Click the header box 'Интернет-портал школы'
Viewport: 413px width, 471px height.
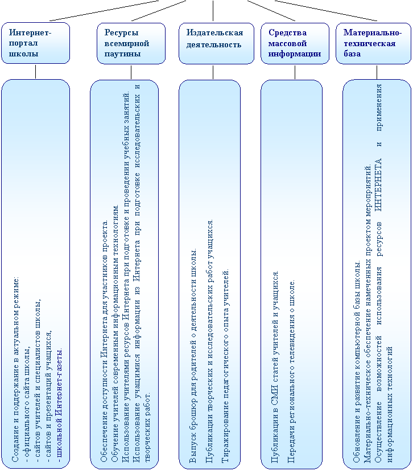point(36,43)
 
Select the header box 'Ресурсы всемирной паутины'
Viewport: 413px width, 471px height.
point(131,43)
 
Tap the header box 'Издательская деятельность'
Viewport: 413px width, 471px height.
point(216,43)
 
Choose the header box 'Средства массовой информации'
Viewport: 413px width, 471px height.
point(295,43)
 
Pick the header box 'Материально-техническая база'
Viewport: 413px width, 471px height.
point(373,43)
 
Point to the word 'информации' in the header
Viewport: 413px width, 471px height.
point(295,54)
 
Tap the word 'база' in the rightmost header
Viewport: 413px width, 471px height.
point(352,54)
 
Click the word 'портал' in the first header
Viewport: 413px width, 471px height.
point(23,43)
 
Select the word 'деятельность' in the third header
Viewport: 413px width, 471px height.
point(214,45)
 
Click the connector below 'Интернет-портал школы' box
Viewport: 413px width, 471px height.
point(36,72)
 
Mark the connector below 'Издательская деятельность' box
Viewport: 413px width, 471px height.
point(213,72)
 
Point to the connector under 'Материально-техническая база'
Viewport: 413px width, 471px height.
point(377,72)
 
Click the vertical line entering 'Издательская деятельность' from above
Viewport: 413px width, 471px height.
point(213,10)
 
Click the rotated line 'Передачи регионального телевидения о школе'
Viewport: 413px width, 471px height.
point(291,371)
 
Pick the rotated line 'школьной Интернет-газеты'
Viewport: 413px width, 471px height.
point(59,405)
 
